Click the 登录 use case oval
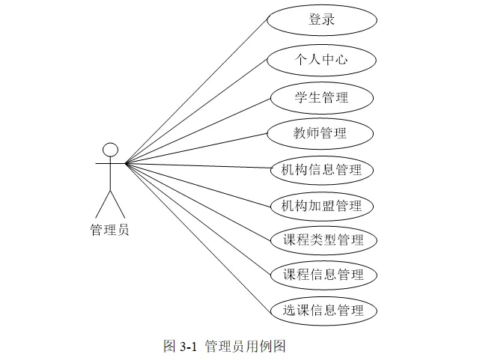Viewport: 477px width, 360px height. pyautogui.click(x=321, y=20)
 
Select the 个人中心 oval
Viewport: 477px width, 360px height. pyautogui.click(x=321, y=60)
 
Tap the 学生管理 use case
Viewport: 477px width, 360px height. pyautogui.click(x=321, y=97)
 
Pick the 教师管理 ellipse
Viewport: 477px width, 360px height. pyautogui.click(x=321, y=134)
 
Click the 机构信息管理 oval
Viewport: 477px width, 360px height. pyautogui.click(x=321, y=170)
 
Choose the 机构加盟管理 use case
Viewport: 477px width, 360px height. pyautogui.click(x=321, y=205)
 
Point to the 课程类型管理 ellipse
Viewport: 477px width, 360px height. pyautogui.click(x=323, y=240)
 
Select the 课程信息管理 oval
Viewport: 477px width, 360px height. pyautogui.click(x=323, y=275)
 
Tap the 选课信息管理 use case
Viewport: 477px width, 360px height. pyautogui.click(x=323, y=310)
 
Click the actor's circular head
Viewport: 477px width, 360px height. pyautogui.click(x=110, y=149)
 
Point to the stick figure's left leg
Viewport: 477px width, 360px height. pyautogui.click(x=103, y=204)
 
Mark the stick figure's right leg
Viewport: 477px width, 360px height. pyautogui.click(x=118, y=204)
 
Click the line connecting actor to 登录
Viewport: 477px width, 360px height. pyautogui.click(x=196, y=88)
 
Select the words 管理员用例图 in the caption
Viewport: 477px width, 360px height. pyautogui.click(x=244, y=347)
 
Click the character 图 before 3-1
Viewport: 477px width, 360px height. pyautogui.click(x=169, y=347)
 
